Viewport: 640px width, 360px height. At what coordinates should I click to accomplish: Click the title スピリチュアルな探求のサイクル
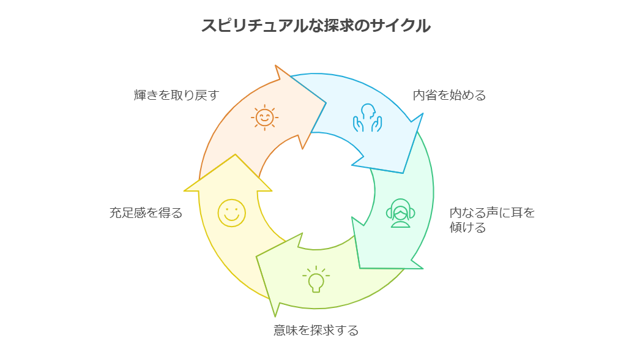click(x=316, y=25)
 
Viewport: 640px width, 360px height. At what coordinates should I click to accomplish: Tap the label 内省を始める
click(x=449, y=96)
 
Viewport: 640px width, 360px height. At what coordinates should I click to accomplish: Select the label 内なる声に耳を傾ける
click(x=492, y=220)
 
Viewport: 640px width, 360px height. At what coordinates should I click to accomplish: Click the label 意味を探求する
click(x=316, y=330)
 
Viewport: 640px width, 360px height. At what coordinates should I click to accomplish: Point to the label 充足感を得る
click(x=146, y=213)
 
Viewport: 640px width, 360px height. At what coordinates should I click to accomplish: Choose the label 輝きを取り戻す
click(x=176, y=96)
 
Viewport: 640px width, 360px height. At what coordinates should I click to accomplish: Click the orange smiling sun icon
click(x=264, y=118)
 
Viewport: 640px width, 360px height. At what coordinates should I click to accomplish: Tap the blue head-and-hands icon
click(x=367, y=118)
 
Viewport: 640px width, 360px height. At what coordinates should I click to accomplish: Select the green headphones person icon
click(x=400, y=213)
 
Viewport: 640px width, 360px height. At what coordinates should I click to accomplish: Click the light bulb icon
click(x=316, y=279)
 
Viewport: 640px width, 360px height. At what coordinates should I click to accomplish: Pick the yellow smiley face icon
click(x=231, y=213)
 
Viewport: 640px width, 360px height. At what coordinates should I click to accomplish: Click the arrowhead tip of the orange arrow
click(x=326, y=103)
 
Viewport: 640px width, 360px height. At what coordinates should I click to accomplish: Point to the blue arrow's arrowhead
click(x=403, y=173)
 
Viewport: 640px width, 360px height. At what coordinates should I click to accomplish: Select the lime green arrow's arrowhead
click(x=256, y=257)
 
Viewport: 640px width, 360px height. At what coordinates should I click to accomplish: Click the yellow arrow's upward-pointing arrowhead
click(x=235, y=154)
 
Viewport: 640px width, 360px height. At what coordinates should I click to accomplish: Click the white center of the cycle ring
click(x=316, y=191)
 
